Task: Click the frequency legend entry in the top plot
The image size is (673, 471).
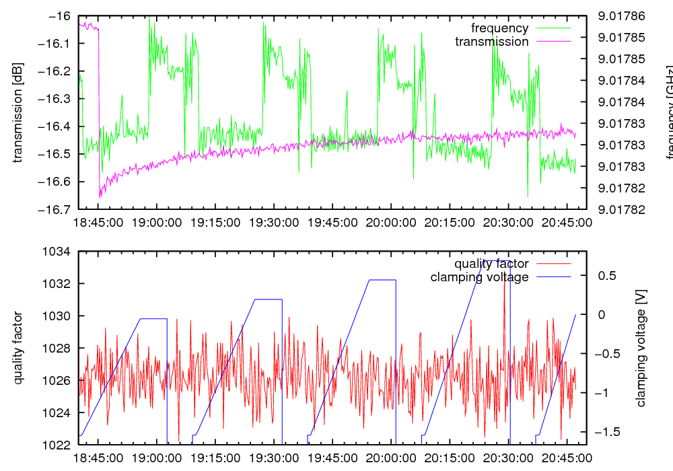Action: pos(499,28)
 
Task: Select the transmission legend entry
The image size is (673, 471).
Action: pos(491,42)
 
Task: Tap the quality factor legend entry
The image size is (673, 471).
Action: pos(491,264)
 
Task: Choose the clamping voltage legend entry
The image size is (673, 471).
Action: pos(479,277)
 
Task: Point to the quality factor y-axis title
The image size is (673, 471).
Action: pos(18,348)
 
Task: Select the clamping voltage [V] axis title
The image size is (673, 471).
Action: pos(641,348)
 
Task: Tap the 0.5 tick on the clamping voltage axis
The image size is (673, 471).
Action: pos(607,276)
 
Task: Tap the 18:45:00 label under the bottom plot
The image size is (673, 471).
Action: pos(98,458)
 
